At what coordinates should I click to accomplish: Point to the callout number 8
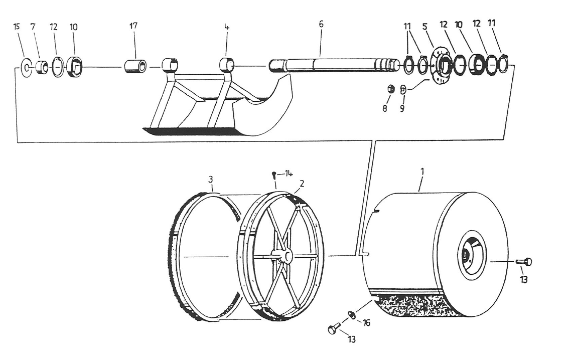pos(385,108)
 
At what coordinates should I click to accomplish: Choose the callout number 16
pos(367,323)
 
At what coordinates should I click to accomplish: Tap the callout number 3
pos(211,179)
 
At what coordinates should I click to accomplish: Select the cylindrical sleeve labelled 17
pos(135,66)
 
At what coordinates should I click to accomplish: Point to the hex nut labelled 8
pos(391,90)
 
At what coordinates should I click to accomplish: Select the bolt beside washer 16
pos(334,330)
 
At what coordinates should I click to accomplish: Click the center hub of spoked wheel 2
pos(288,256)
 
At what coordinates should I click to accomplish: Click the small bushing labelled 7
pos(43,67)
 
